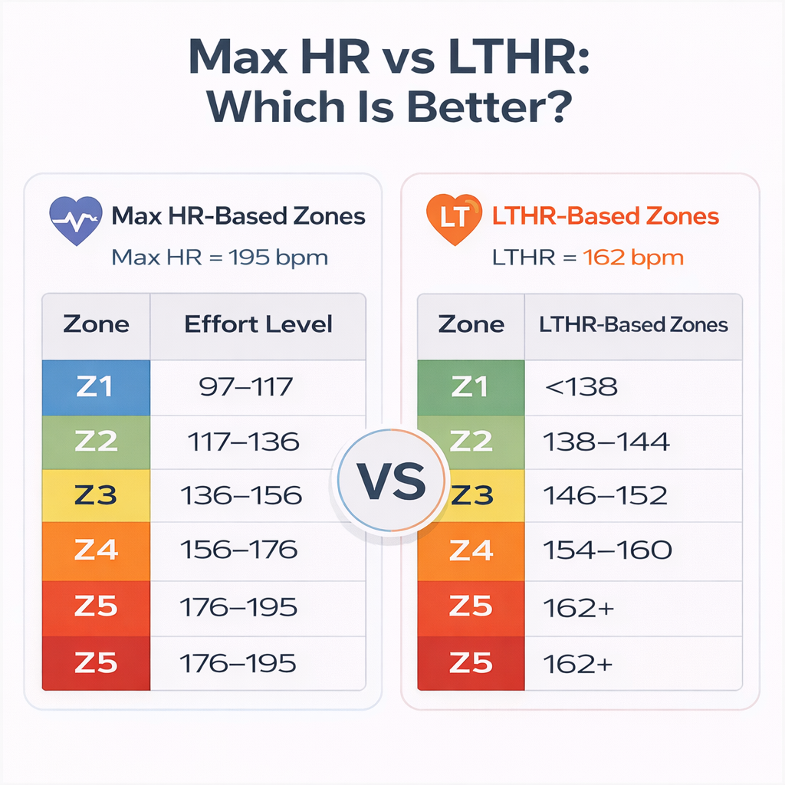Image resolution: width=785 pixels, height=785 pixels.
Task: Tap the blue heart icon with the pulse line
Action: (75, 220)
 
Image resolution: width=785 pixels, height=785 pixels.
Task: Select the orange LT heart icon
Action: (453, 220)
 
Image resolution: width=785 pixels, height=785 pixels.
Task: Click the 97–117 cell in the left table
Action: (245, 386)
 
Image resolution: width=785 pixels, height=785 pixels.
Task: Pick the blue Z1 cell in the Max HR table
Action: (96, 387)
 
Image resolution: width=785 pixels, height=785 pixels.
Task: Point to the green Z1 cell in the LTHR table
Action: (470, 387)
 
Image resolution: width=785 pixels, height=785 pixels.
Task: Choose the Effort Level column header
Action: (258, 324)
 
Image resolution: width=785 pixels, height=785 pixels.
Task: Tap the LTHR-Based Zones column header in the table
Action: (633, 324)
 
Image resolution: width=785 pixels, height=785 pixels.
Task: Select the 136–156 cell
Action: (241, 495)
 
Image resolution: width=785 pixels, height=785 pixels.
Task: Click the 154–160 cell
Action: (607, 549)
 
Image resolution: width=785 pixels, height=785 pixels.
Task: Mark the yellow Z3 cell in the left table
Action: (96, 495)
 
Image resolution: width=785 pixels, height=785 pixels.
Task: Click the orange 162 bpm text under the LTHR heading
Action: (633, 257)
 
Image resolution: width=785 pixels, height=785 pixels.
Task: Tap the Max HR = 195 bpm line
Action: (219, 257)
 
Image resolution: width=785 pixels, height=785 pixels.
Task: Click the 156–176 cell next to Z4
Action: (238, 549)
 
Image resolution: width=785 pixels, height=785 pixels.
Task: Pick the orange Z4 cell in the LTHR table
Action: (470, 549)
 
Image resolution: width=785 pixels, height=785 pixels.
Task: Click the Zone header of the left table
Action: (96, 324)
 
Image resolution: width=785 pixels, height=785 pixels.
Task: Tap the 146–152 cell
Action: (606, 495)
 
